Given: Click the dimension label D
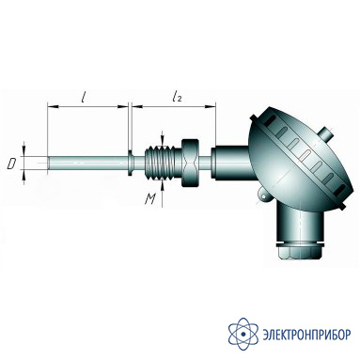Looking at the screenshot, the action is [12, 164].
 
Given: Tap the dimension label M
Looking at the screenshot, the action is [150, 199].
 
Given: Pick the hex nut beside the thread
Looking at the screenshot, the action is [190, 164].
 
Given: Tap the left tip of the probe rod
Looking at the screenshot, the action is [48, 163].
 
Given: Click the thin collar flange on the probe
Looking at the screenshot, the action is [130, 163].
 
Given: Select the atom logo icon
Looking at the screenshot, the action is [243, 334].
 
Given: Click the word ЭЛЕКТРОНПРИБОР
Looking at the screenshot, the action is [306, 335].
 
